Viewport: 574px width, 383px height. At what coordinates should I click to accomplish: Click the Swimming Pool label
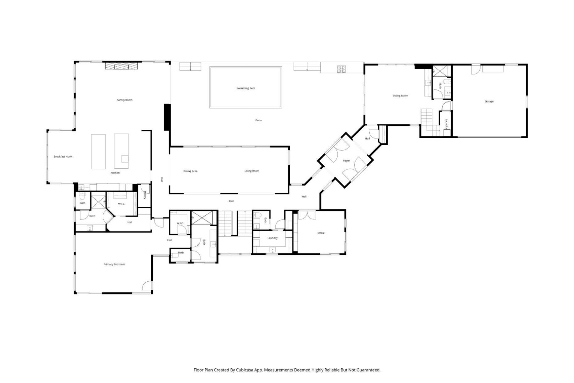(246, 88)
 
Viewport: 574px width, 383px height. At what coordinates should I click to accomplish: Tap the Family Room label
(124, 100)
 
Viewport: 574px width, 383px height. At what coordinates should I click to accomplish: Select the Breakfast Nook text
(63, 156)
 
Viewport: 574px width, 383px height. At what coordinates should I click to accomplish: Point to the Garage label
(489, 101)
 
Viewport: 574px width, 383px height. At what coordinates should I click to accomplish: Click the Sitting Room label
(400, 96)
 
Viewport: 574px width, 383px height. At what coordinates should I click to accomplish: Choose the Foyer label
(346, 161)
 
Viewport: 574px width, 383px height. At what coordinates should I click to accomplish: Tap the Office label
(321, 233)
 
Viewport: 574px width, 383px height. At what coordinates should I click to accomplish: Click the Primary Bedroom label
(114, 264)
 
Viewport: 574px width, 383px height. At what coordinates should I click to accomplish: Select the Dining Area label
(190, 171)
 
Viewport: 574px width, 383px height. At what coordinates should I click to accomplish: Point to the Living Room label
(252, 171)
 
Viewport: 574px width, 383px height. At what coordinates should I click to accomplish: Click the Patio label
(258, 120)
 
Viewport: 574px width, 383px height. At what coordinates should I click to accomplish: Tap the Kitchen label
(115, 173)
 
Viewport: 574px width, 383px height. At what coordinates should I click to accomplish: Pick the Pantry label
(145, 195)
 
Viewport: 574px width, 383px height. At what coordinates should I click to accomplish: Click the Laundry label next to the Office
(272, 238)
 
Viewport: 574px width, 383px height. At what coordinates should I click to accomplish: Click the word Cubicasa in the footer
(245, 370)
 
